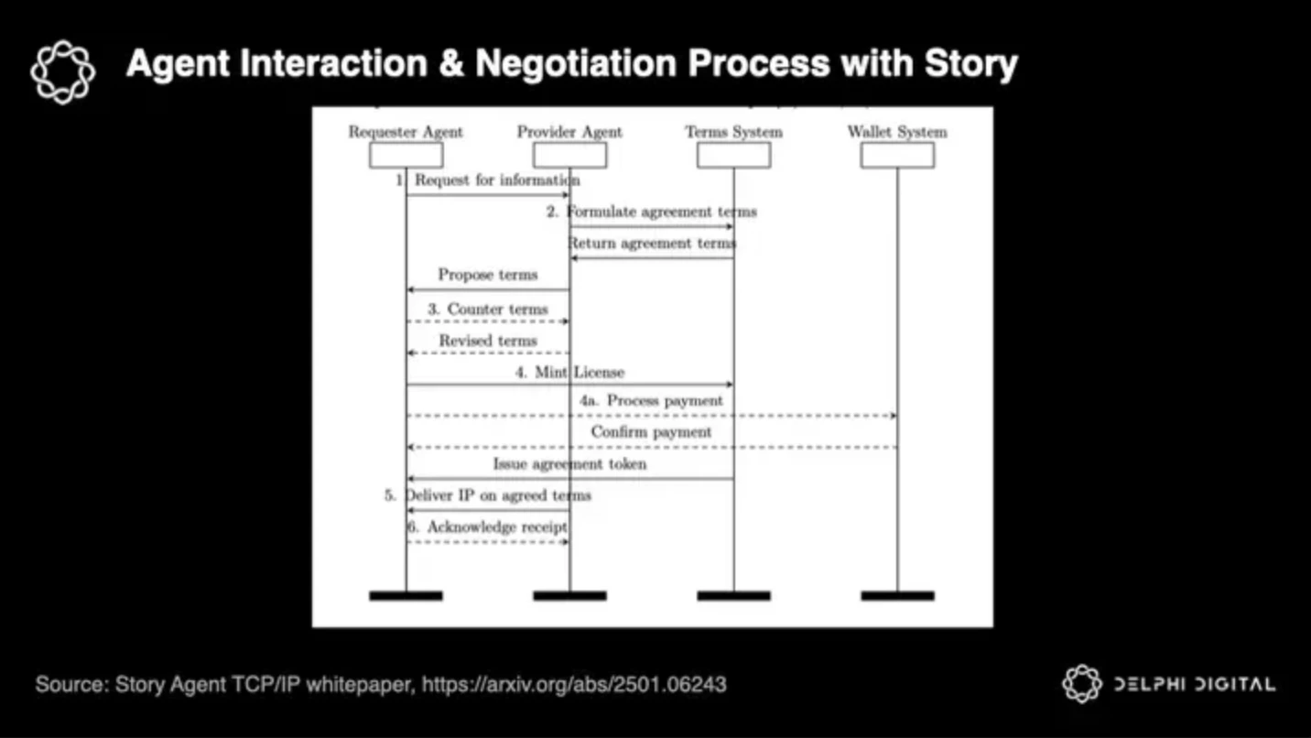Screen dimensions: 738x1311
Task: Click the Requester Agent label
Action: click(406, 132)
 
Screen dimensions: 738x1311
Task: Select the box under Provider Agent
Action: click(569, 156)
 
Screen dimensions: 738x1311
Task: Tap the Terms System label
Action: click(733, 132)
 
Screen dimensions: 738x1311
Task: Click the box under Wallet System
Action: click(897, 156)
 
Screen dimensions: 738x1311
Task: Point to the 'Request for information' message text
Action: click(497, 180)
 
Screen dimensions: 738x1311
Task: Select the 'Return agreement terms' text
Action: click(652, 244)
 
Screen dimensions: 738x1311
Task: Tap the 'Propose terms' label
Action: click(488, 275)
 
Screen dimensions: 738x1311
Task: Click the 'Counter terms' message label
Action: click(497, 309)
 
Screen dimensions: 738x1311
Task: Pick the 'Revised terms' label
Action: click(488, 341)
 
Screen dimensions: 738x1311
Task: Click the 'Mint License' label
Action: click(580, 373)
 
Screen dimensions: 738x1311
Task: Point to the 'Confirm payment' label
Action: click(651, 432)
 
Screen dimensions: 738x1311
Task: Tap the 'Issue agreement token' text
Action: click(569, 464)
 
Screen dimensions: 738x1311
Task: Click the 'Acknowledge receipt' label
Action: click(497, 527)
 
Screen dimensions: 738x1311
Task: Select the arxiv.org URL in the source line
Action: click(574, 684)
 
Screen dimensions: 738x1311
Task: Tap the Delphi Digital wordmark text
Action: click(1194, 684)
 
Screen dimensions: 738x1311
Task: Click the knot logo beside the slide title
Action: click(62, 71)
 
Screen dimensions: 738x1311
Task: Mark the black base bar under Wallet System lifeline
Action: click(897, 596)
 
